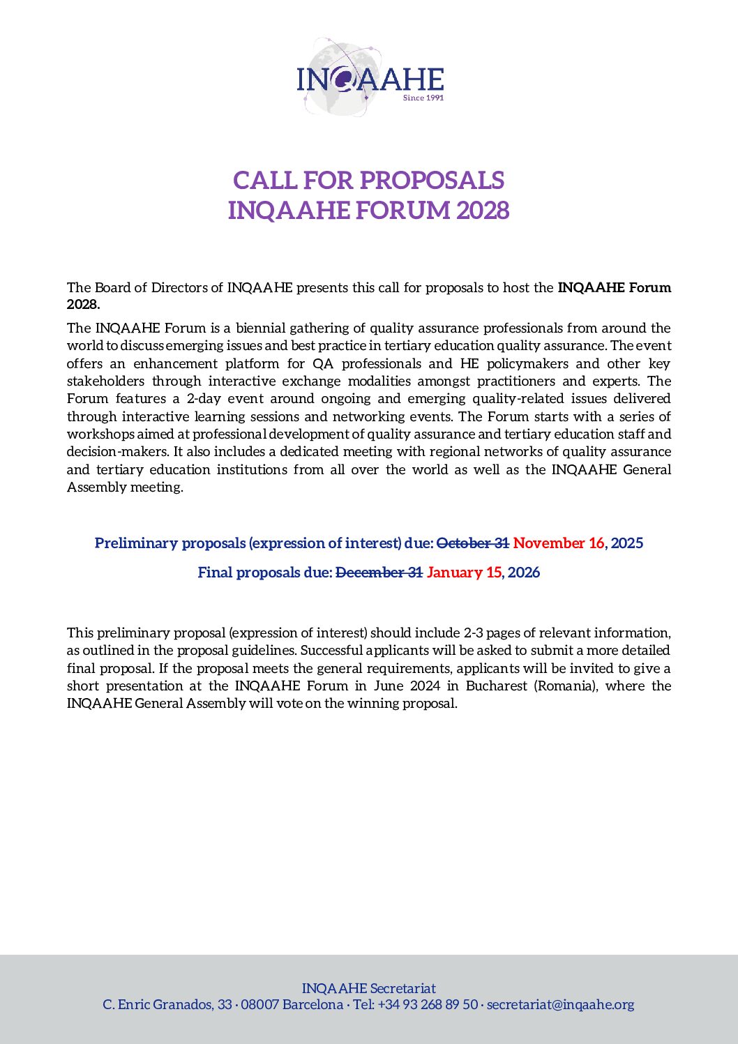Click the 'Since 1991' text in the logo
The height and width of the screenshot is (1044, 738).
pyautogui.click(x=423, y=98)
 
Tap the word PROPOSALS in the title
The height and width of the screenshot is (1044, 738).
pyautogui.click(x=432, y=180)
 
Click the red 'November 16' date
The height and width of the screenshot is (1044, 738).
pyautogui.click(x=559, y=543)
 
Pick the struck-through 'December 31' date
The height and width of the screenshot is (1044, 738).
pyautogui.click(x=379, y=573)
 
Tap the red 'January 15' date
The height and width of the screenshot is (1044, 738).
pyautogui.click(x=464, y=573)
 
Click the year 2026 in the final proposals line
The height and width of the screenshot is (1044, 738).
pyautogui.click(x=524, y=573)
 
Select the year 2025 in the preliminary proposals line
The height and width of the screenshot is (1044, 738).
pyautogui.click(x=627, y=543)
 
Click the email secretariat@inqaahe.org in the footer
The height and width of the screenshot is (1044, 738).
pyautogui.click(x=560, y=1005)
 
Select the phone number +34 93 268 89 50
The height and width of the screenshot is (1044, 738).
pyautogui.click(x=428, y=1005)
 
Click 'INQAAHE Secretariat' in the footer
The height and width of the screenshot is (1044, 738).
pyautogui.click(x=368, y=988)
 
